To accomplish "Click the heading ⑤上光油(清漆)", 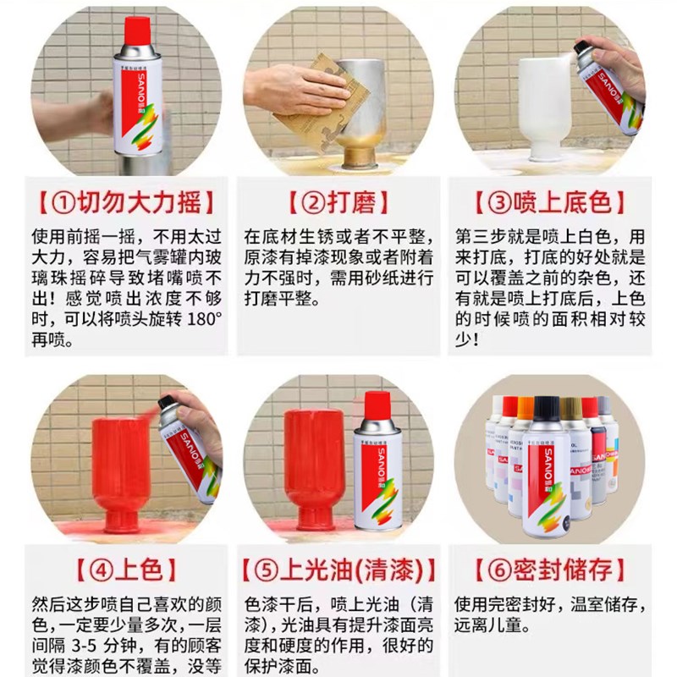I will pos(338,568).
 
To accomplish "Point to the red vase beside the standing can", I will pos(312,470).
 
